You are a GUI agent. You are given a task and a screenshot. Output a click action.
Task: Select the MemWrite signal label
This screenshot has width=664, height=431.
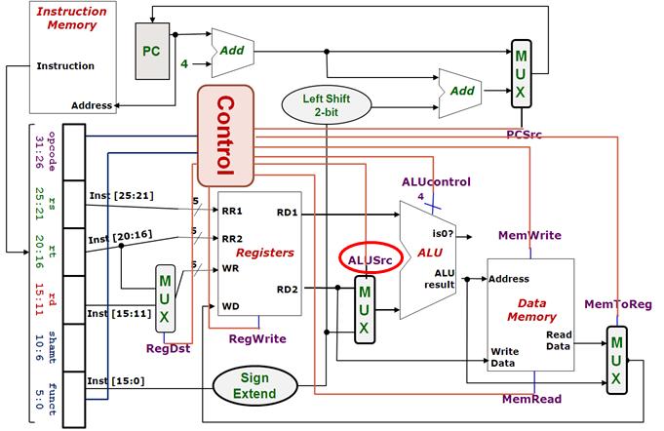pyautogui.click(x=529, y=235)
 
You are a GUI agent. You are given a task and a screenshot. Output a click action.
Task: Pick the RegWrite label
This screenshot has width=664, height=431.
pyautogui.click(x=257, y=338)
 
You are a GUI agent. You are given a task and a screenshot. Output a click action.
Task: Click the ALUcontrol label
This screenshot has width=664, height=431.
pyautogui.click(x=436, y=182)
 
